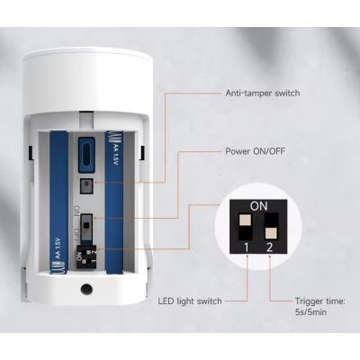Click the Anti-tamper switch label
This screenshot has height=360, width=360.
(x=263, y=93)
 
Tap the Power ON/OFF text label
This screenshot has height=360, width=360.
(x=255, y=151)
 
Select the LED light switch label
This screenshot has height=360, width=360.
(x=190, y=301)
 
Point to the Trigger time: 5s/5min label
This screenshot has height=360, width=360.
(x=319, y=306)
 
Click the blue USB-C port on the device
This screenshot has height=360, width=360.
(x=86, y=155)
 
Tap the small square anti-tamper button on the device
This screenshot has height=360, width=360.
(x=86, y=186)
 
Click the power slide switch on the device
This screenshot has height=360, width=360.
(x=86, y=225)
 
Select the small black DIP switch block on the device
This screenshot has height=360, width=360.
(x=86, y=256)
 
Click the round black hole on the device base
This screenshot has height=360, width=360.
(x=86, y=290)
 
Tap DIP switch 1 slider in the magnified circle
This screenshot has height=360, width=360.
(x=246, y=226)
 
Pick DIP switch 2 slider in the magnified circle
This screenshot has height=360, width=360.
(x=271, y=226)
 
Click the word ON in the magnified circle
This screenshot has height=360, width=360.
(x=258, y=206)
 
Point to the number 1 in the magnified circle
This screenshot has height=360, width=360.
(x=247, y=247)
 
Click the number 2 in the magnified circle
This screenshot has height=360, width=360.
(x=269, y=247)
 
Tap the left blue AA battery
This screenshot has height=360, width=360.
(x=58, y=202)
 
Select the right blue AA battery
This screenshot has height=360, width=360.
(x=114, y=202)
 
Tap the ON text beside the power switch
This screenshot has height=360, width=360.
(x=76, y=210)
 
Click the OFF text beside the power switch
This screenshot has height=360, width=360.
(x=76, y=235)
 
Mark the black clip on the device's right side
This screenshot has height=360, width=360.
(x=142, y=153)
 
